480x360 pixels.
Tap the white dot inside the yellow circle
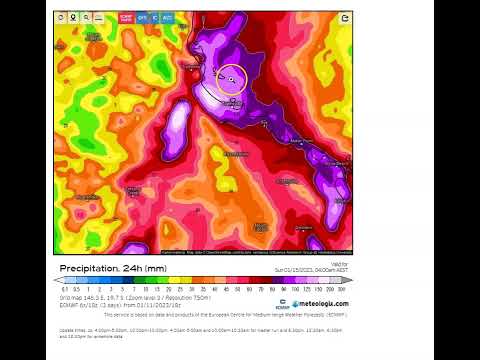tap(231, 78)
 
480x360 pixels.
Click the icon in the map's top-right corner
tap(345, 17)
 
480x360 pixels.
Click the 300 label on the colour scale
tap(342, 287)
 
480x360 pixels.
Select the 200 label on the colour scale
tap(328, 287)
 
